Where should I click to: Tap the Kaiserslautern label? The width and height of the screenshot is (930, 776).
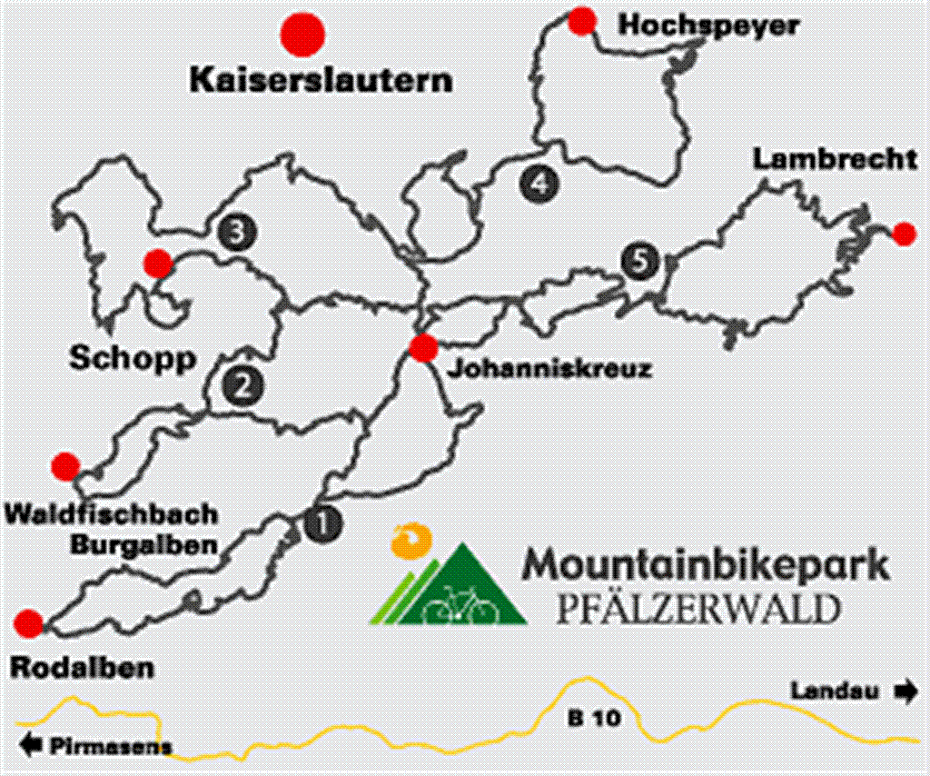coord(321,79)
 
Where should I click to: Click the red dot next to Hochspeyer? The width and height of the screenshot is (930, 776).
coord(581,19)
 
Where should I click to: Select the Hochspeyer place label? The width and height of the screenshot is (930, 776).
coord(708,25)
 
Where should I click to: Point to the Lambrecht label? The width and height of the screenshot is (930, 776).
coord(835,160)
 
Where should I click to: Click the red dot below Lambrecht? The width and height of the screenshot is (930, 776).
coord(904,234)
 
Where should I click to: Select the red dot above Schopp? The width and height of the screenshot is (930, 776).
coord(158,264)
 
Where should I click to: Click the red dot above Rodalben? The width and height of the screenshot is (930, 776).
coord(29,623)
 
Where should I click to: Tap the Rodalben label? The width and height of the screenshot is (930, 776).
coord(82,669)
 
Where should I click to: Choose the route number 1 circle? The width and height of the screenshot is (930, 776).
coord(323,523)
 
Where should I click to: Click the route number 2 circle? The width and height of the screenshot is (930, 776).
coord(242,388)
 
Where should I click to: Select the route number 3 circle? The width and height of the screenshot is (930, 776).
coord(237,234)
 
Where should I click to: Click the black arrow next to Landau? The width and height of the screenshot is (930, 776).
coord(905,691)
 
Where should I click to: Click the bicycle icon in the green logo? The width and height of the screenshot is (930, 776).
coord(465,603)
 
